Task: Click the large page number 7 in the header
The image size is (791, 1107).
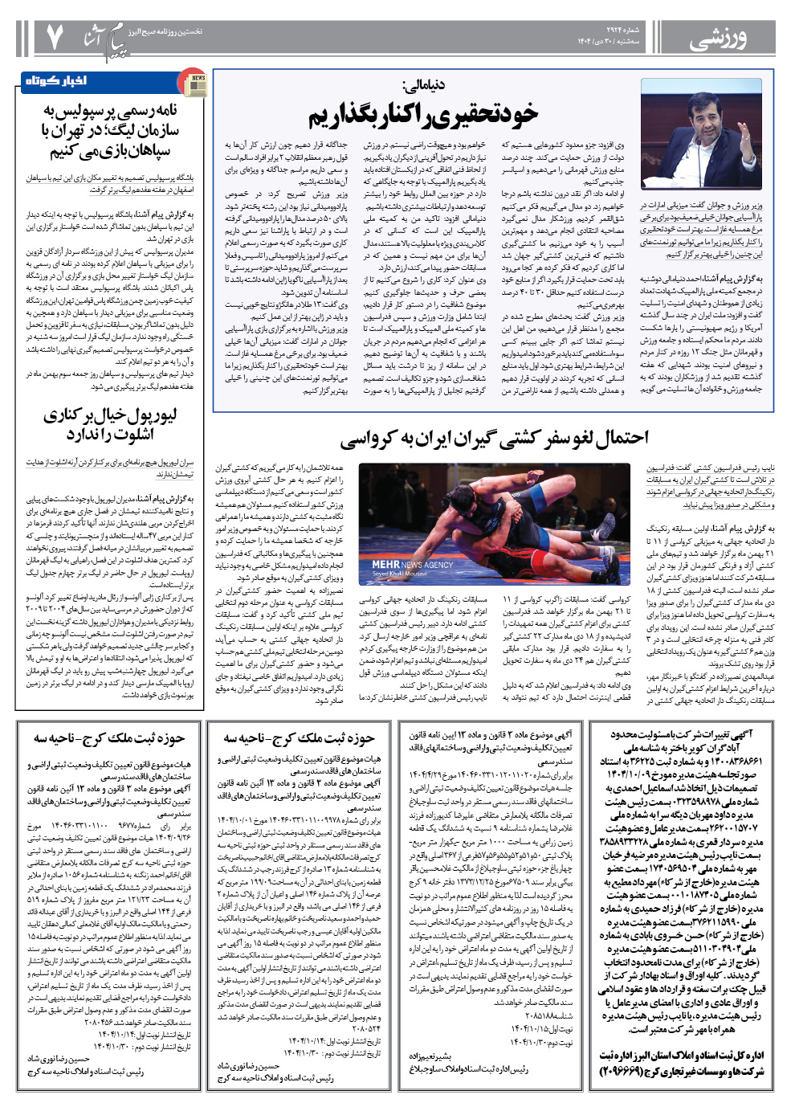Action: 55,36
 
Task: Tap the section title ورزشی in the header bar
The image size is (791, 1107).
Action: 718,36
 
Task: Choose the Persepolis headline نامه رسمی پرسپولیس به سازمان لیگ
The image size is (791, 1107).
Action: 110,130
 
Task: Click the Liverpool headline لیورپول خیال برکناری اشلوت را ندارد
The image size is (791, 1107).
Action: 110,424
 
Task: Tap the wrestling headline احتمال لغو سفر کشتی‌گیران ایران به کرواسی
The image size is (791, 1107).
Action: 494,439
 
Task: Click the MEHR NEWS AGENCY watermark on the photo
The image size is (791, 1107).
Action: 412,565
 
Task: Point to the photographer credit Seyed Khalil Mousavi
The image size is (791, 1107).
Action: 400,574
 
